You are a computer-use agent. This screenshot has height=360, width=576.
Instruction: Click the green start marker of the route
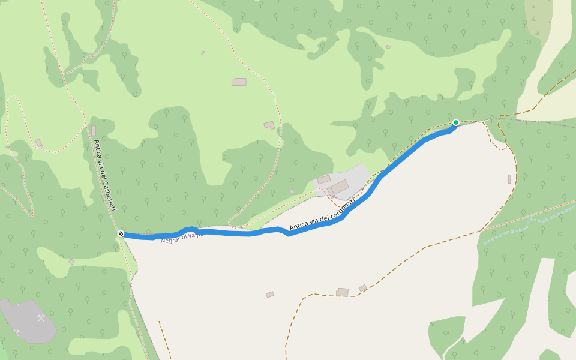coord(455,122)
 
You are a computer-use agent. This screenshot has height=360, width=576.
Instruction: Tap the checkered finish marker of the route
coord(121,233)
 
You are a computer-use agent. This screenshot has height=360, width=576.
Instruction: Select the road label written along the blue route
coord(322,215)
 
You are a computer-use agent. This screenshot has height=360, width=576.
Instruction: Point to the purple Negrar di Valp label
coord(183,237)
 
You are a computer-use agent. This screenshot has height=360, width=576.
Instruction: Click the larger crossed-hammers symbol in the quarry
coord(41,318)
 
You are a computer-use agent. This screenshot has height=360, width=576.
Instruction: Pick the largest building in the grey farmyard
coord(338,187)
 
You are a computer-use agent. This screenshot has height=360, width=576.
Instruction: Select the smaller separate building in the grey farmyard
coord(324,179)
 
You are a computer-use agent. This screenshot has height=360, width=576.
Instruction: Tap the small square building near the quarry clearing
coord(71,262)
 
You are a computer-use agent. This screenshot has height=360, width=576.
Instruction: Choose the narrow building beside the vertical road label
coord(94,131)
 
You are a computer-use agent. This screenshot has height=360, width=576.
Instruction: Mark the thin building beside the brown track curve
coord(509,179)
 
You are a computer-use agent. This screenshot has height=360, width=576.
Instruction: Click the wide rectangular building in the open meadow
coord(239,82)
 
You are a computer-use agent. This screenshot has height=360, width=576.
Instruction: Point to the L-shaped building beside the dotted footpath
coord(269,125)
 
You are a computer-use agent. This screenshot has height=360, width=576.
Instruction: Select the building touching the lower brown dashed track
coord(342,292)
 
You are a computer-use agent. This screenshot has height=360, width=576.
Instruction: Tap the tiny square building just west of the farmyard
coord(292,191)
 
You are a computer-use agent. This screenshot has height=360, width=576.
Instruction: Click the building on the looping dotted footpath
coord(39,143)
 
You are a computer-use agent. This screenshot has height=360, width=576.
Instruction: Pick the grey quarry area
coord(27,321)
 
